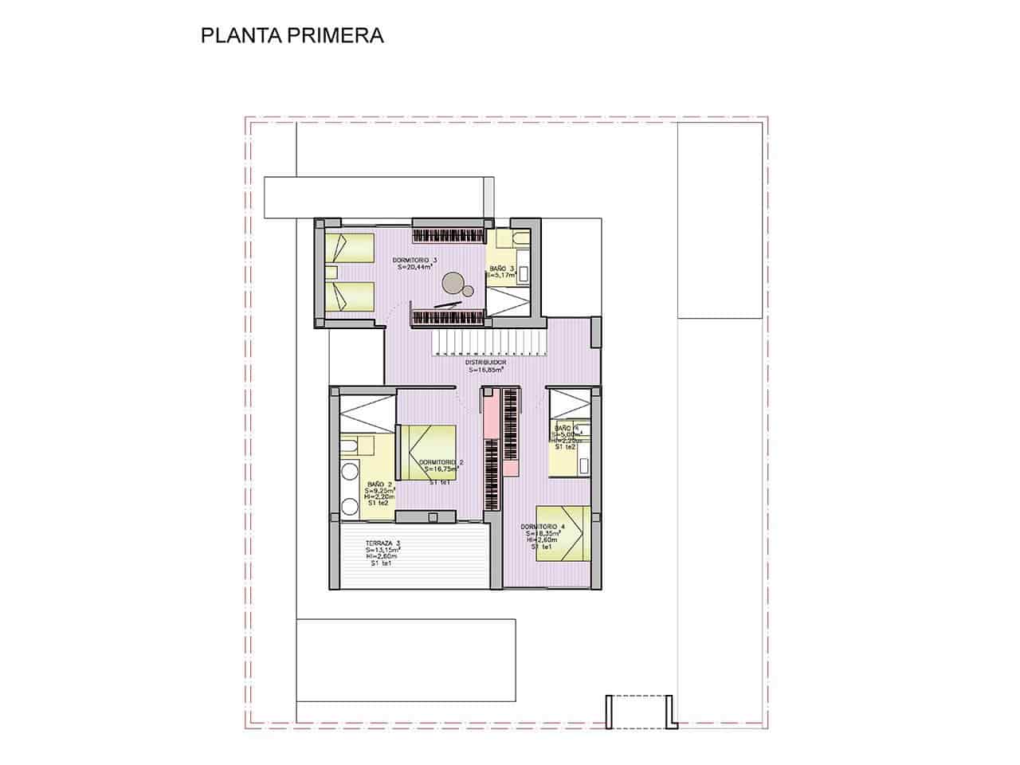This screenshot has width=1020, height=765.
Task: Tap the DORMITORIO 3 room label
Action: pyautogui.click(x=415, y=261)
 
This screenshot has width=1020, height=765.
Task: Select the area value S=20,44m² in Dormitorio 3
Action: pyautogui.click(x=415, y=269)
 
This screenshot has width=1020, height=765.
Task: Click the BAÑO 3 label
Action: pyautogui.click(x=502, y=269)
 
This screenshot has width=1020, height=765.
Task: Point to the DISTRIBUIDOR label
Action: pyautogui.click(x=486, y=362)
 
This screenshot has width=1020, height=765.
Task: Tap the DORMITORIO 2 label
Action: pyautogui.click(x=441, y=462)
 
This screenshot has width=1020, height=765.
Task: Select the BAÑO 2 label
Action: pyautogui.click(x=379, y=484)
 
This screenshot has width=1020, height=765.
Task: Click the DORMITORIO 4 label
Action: pyautogui.click(x=543, y=527)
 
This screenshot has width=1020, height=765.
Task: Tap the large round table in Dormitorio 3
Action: pyautogui.click(x=453, y=281)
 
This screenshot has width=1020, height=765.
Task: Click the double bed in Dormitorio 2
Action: pyautogui.click(x=427, y=453)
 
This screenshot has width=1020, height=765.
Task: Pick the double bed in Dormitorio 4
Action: pyautogui.click(x=563, y=534)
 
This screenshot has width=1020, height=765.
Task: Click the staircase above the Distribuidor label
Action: pyautogui.click(x=488, y=343)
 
